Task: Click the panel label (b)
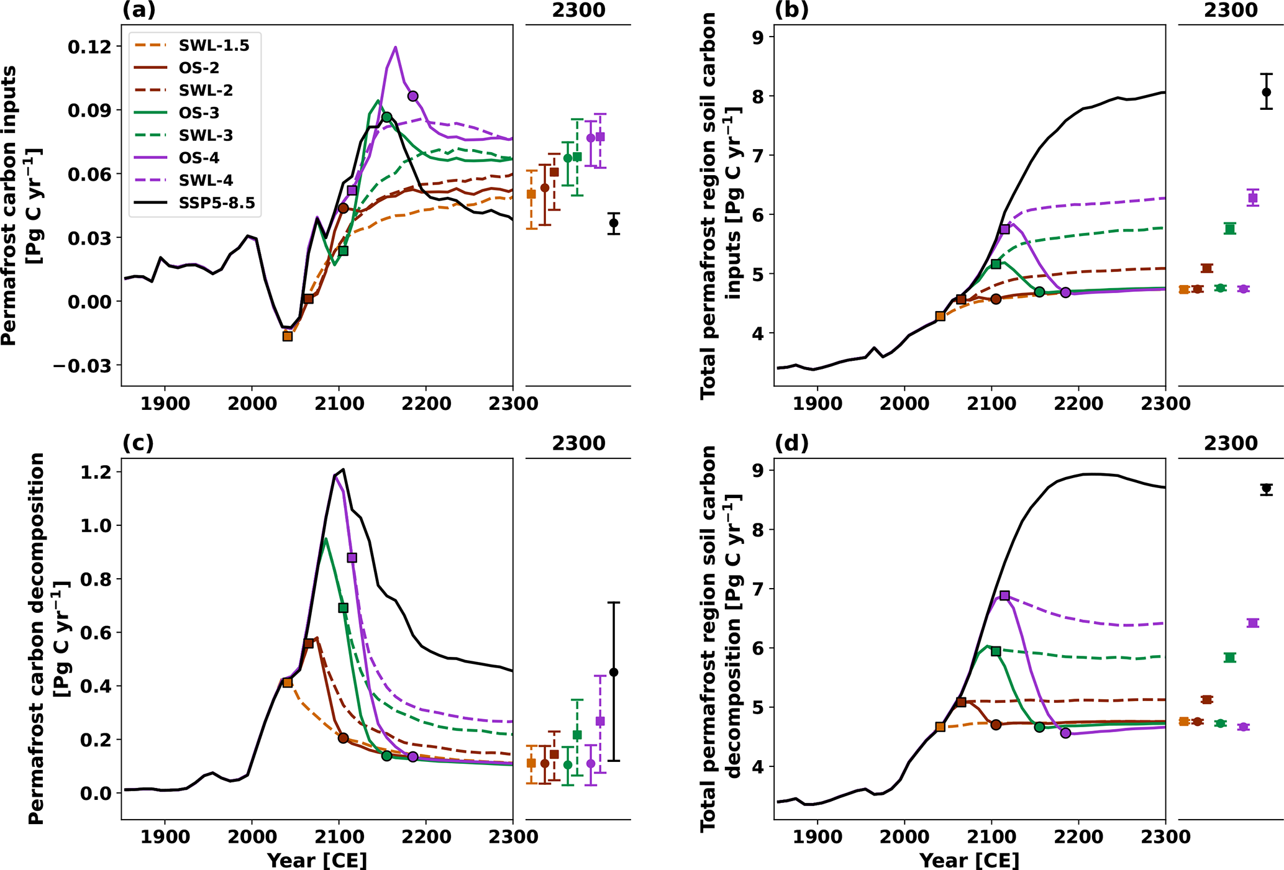point(791,10)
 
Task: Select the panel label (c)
point(138,443)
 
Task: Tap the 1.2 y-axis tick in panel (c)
point(96,472)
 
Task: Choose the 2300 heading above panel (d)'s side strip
point(1230,443)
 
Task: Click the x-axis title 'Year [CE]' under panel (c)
point(317,860)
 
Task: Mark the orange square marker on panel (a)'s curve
point(288,336)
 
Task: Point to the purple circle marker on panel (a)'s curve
point(413,96)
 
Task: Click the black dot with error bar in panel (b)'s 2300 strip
point(1266,93)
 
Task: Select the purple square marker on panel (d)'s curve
point(1004,596)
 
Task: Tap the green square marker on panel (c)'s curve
point(344,608)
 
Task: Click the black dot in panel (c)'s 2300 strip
point(614,672)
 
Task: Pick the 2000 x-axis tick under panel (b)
point(904,404)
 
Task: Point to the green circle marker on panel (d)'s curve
point(1039,727)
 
